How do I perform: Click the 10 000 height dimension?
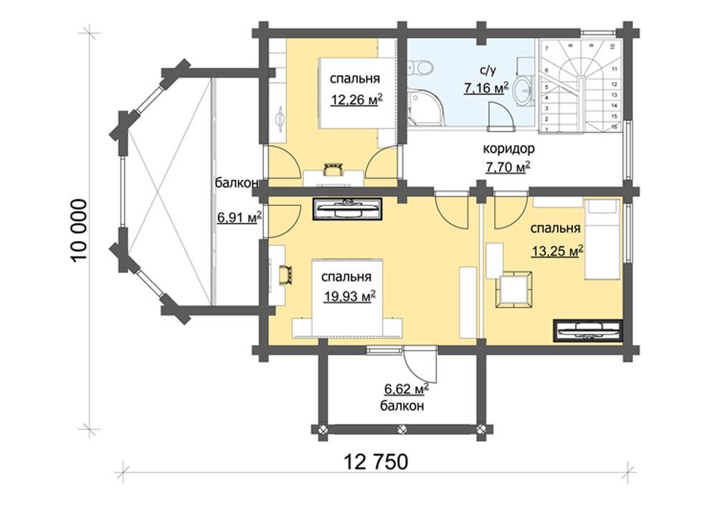pyautogui.click(x=80, y=230)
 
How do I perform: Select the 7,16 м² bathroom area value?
pyautogui.click(x=486, y=87)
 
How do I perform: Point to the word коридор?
pyautogui.click(x=508, y=149)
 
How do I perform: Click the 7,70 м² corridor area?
pyautogui.click(x=508, y=167)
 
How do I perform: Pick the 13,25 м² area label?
pyautogui.click(x=558, y=250)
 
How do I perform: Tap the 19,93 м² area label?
pyautogui.click(x=350, y=296)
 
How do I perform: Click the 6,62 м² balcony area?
pyautogui.click(x=407, y=389)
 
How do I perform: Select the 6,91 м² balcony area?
pyautogui.click(x=239, y=217)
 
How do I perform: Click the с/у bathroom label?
pyautogui.click(x=487, y=70)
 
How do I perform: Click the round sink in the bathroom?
pyautogui.click(x=522, y=90)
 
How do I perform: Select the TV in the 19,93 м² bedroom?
pyautogui.click(x=348, y=209)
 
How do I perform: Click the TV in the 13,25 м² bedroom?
pyautogui.click(x=588, y=330)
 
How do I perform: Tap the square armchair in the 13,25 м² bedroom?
pyautogui.click(x=514, y=290)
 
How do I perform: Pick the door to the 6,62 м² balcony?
pyautogui.click(x=421, y=365)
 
